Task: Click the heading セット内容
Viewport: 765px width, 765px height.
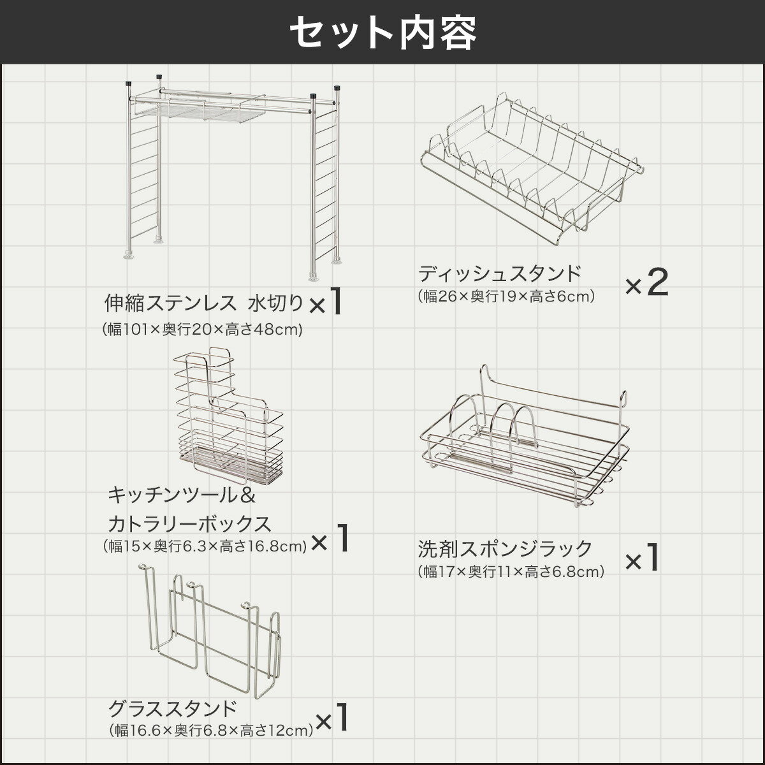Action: [x=382, y=32]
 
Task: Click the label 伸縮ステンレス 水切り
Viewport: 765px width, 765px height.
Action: [x=204, y=302]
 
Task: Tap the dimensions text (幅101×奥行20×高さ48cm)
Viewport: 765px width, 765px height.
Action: [x=202, y=330]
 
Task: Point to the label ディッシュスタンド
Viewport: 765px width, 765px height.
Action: [x=500, y=273]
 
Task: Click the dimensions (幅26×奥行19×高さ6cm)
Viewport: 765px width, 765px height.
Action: [x=507, y=296]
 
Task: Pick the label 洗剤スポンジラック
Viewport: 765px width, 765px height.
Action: [x=506, y=548]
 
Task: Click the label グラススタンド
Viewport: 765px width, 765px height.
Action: [x=173, y=709]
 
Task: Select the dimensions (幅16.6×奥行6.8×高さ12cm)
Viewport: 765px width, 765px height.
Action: [x=211, y=730]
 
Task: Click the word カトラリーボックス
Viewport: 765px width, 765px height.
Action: [x=189, y=524]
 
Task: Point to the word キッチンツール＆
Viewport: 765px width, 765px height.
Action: [x=182, y=495]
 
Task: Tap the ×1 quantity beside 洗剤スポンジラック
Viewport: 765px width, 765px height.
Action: [x=641, y=559]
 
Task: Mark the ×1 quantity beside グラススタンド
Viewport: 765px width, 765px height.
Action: [x=333, y=719]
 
